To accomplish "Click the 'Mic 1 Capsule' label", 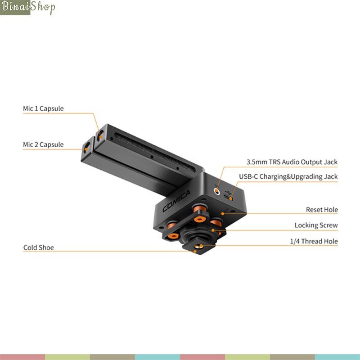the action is pyautogui.click(x=43, y=109).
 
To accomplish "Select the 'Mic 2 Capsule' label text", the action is pyautogui.click(x=43, y=145).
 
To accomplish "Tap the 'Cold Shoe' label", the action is pyautogui.click(x=38, y=248).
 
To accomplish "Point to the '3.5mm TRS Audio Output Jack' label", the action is pyautogui.click(x=292, y=162).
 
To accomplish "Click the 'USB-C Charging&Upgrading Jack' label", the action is pyautogui.click(x=288, y=177).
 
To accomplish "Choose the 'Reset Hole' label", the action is pyautogui.click(x=322, y=210).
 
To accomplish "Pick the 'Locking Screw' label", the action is pyautogui.click(x=316, y=225).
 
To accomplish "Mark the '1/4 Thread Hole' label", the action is pyautogui.click(x=314, y=242).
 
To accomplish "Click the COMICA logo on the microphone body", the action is pyautogui.click(x=176, y=202).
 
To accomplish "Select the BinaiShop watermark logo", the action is pyautogui.click(x=28, y=8).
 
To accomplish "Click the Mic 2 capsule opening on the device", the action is pyautogui.click(x=86, y=147).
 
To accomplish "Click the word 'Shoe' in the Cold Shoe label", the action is pyautogui.click(x=46, y=248).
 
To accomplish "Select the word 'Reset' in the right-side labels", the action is pyautogui.click(x=314, y=210).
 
